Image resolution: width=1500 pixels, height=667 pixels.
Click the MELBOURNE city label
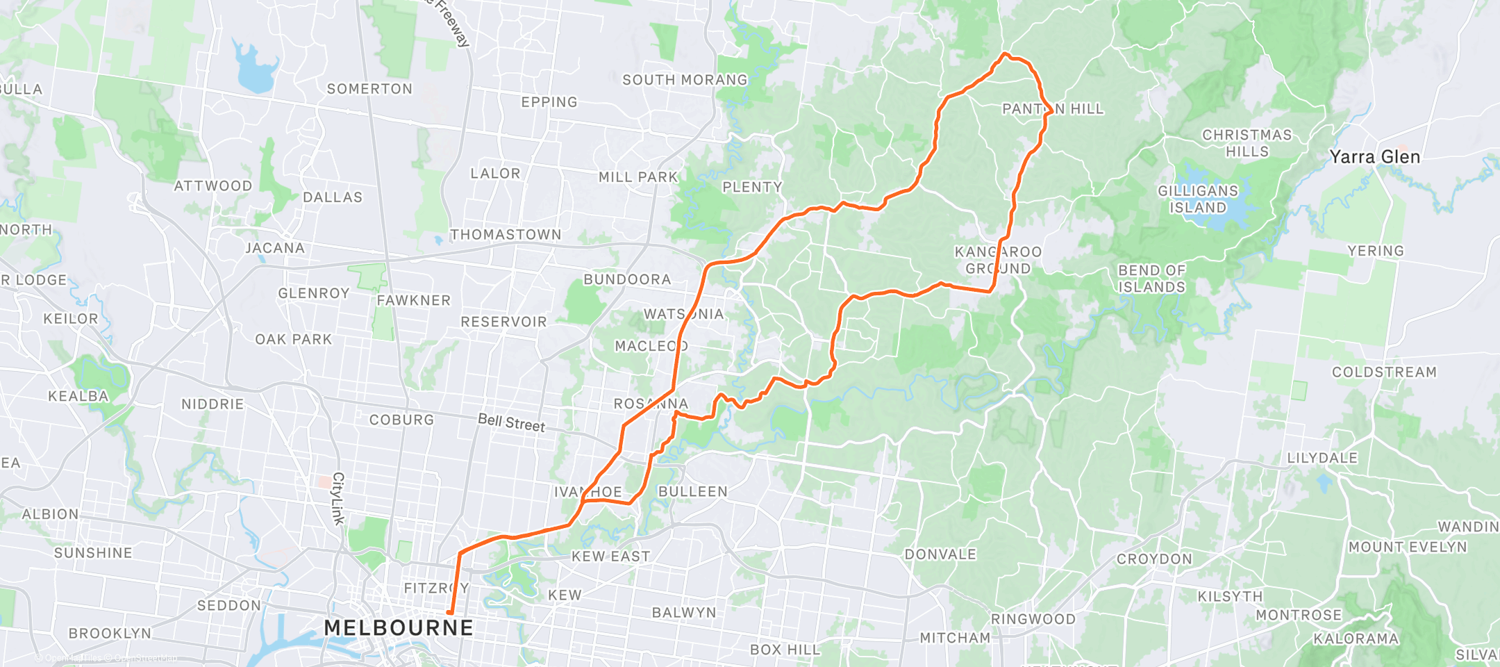(399, 628)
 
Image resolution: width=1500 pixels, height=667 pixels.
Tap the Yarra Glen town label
(1374, 157)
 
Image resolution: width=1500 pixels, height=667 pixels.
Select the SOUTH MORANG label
(685, 80)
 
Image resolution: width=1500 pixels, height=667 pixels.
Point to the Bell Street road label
(512, 422)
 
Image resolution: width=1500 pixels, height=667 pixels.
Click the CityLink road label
(338, 498)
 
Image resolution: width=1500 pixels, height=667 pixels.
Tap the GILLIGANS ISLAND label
(1198, 199)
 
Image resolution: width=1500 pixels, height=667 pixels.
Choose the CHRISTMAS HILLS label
(1247, 143)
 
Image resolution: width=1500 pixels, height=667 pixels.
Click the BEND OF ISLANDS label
(1151, 279)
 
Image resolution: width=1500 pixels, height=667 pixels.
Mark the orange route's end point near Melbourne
(450, 613)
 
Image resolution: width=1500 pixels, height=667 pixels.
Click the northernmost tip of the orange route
(1005, 53)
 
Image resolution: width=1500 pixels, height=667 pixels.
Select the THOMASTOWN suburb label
(506, 235)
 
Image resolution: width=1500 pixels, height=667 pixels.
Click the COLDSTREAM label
(1384, 372)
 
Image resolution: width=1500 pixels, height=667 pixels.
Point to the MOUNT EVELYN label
(1408, 547)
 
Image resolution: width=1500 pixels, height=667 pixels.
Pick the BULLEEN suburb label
(693, 492)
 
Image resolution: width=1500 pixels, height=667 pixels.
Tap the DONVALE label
(940, 554)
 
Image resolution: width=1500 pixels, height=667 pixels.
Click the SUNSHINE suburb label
(93, 553)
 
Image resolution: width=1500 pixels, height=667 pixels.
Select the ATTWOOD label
(213, 186)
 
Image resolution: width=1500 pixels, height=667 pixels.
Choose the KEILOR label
(71, 319)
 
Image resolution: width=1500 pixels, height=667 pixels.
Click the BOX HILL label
(785, 650)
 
